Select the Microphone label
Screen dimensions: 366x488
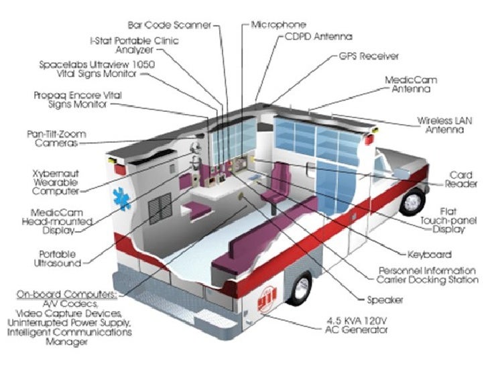point(279,25)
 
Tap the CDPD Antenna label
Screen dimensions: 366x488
point(318,36)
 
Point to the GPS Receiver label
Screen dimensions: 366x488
point(369,56)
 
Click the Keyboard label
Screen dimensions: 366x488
point(430,255)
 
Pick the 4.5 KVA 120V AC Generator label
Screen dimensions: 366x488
point(357,325)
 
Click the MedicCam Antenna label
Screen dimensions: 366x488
point(411,84)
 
